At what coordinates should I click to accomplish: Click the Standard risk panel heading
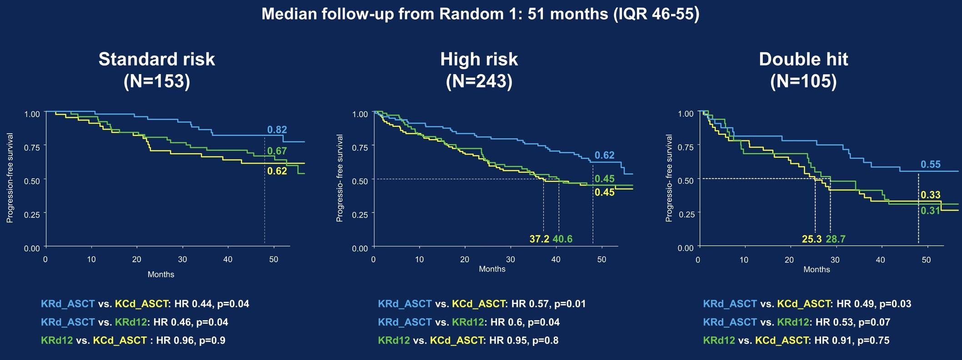tap(156, 60)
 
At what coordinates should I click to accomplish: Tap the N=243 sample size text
tap(479, 81)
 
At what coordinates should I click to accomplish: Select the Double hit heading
tap(803, 60)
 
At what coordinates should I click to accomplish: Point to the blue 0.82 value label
tap(277, 130)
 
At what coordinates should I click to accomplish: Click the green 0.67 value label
tap(276, 151)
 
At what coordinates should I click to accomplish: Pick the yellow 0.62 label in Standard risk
tap(277, 171)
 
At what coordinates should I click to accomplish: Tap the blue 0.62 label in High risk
tap(605, 155)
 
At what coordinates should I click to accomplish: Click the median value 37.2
tap(540, 239)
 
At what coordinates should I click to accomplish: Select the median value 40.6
tap(562, 239)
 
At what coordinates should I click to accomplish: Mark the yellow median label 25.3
tap(812, 239)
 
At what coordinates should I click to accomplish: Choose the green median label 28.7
tap(836, 239)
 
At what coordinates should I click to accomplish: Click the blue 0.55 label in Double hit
tap(931, 165)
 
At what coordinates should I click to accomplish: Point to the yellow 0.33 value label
tap(930, 195)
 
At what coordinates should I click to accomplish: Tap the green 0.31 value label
tap(930, 210)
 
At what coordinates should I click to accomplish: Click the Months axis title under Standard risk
tap(161, 275)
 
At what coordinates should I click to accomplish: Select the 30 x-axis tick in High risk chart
tap(510, 260)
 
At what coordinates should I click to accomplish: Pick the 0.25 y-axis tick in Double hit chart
tap(686, 214)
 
